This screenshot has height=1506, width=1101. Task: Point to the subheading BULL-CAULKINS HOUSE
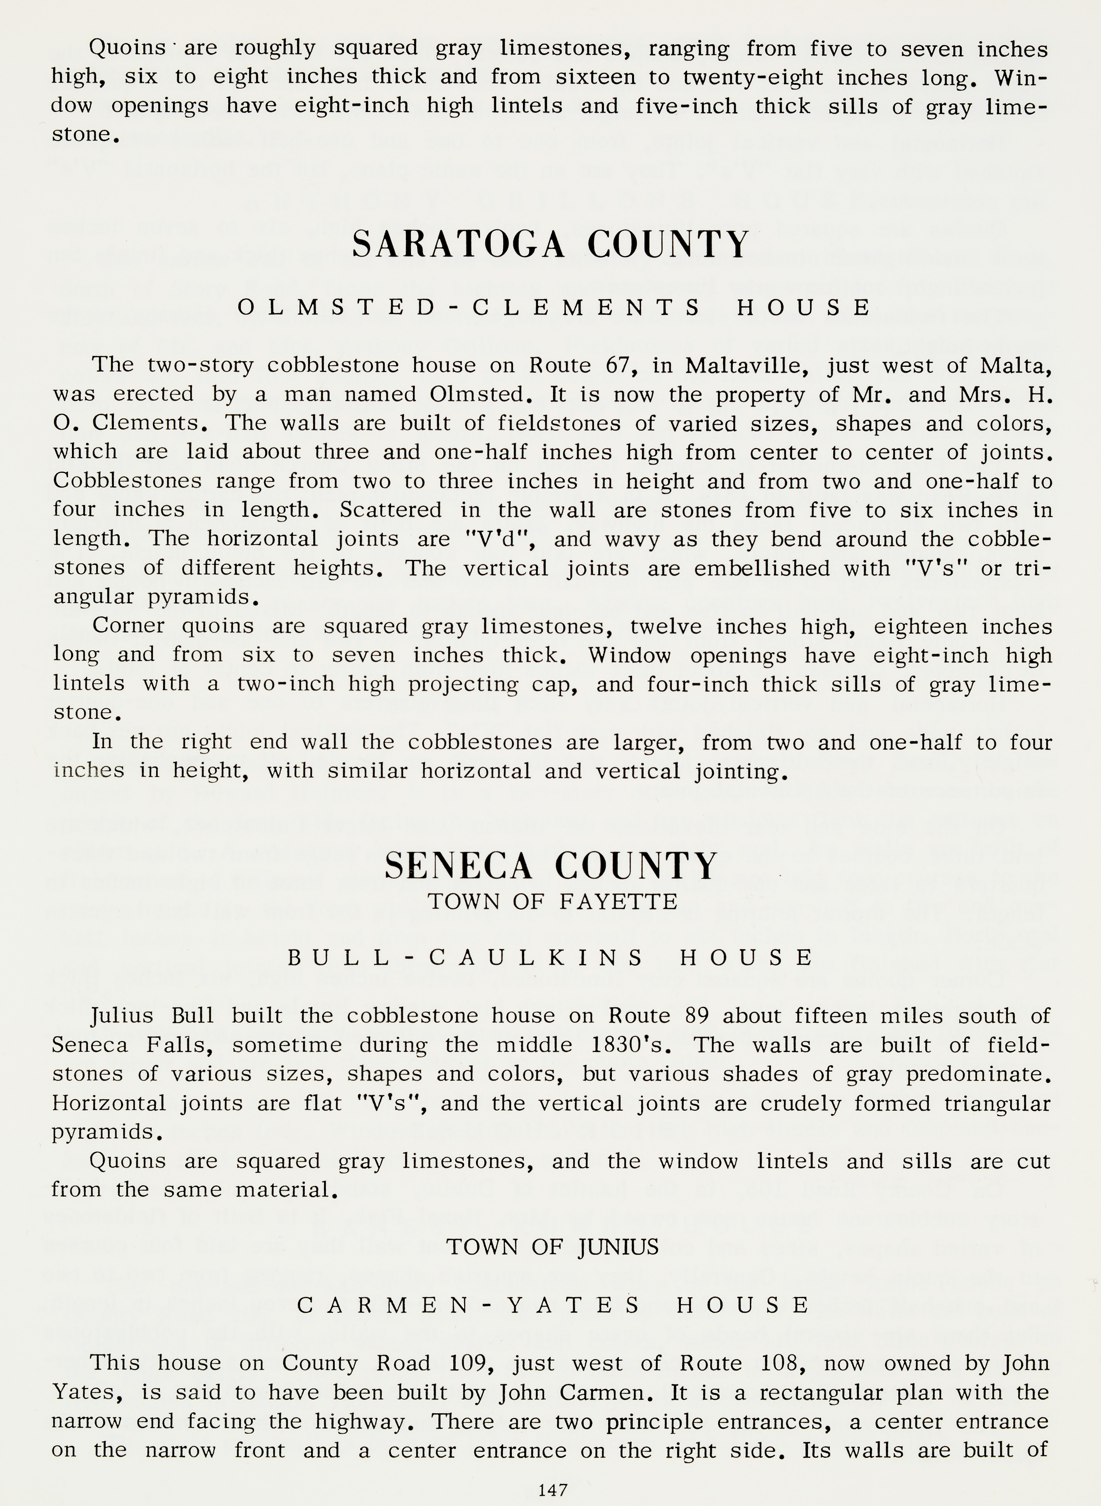(550, 958)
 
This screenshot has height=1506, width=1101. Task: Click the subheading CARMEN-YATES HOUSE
(553, 1305)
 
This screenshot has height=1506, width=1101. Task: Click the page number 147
(552, 1489)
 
